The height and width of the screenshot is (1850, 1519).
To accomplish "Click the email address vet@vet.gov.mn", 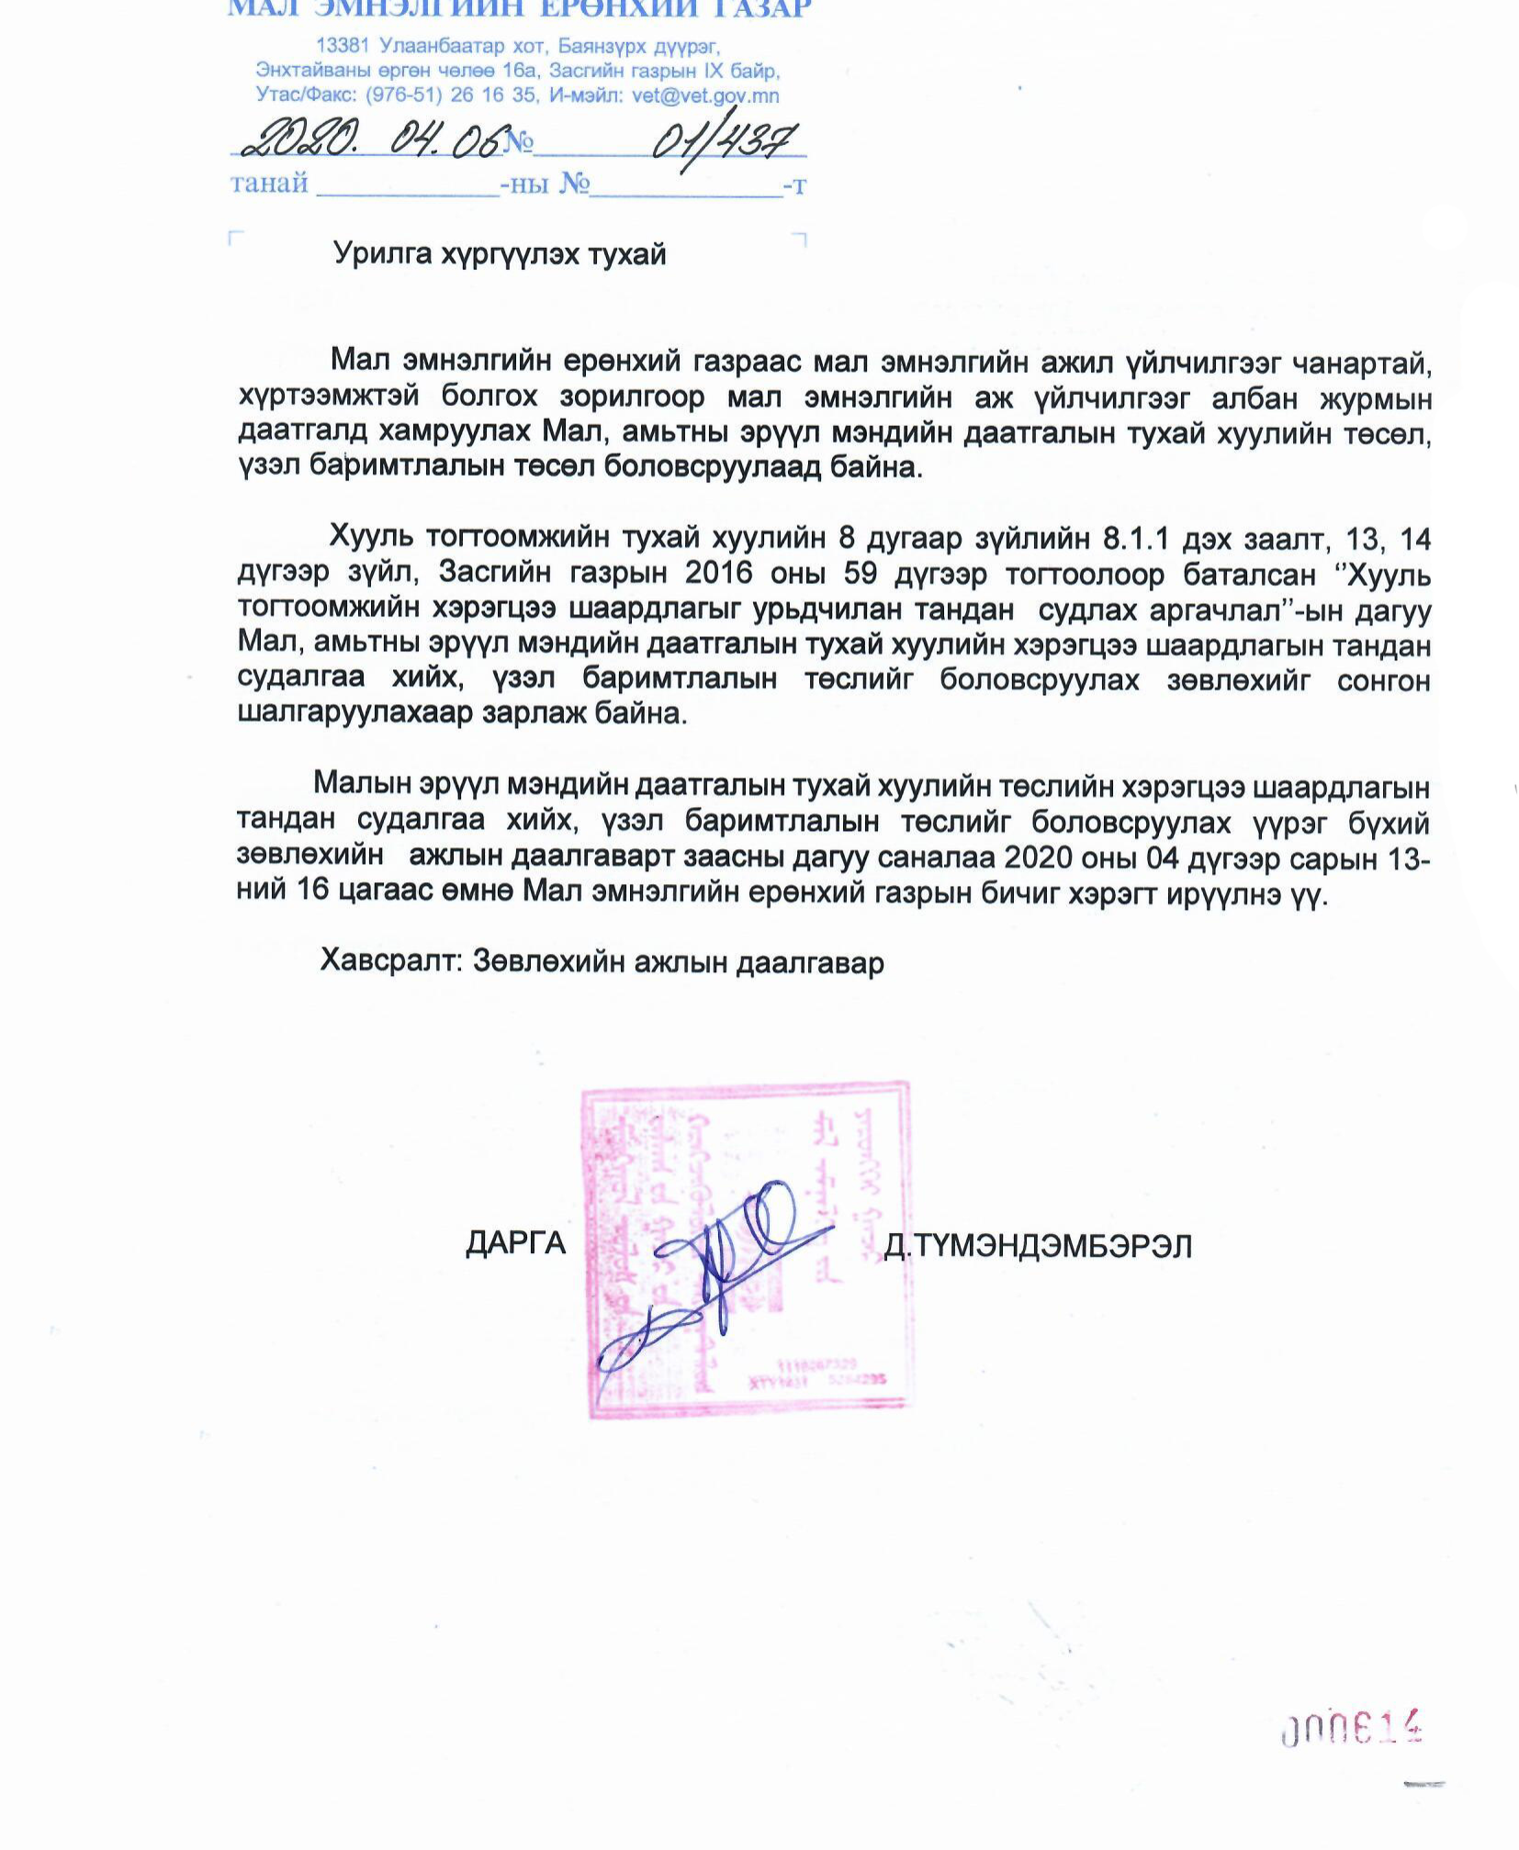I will coord(705,95).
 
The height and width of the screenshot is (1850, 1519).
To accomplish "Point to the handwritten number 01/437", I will coord(725,140).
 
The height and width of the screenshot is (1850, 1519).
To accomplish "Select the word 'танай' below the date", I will coord(269,184).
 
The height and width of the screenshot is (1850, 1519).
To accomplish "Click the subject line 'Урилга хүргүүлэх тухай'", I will coord(500,253).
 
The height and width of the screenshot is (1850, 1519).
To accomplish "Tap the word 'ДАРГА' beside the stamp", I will coord(515,1243).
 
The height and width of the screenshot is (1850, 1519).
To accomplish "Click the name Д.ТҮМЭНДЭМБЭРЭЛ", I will coord(1038,1246).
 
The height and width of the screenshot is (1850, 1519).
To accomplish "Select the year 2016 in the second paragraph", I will coord(719,573).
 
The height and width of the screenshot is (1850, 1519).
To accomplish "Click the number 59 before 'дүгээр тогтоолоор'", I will coord(861,573).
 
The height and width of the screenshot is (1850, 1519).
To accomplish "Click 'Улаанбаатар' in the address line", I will coord(431,45).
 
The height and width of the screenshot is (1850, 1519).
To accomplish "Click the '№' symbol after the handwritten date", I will coord(519,142).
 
